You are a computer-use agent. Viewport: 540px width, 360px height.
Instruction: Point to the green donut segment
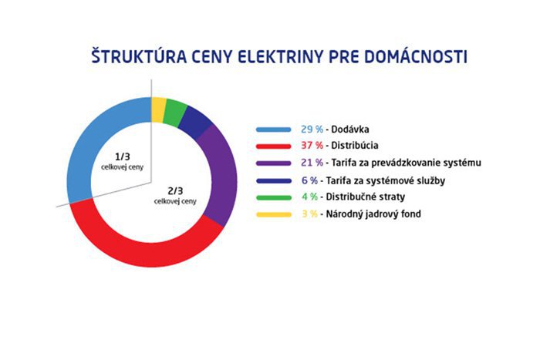pos(174,113)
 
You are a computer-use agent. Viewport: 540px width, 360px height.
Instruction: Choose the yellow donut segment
pos(158,109)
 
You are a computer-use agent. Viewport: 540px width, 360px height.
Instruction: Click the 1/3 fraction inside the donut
pos(122,157)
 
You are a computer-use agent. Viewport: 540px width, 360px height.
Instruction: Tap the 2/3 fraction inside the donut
pos(175,190)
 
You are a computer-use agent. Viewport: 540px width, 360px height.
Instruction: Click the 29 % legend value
pos(312,130)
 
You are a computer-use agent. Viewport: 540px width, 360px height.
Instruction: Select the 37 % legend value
pos(312,146)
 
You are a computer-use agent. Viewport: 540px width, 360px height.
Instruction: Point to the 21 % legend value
pos(312,163)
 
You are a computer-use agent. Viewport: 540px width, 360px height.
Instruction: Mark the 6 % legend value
pos(309,180)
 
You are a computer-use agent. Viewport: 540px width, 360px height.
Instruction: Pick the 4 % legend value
pos(309,197)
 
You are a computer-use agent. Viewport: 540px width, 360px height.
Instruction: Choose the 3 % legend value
pos(309,214)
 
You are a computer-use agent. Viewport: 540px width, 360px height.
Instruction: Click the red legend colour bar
pos(273,146)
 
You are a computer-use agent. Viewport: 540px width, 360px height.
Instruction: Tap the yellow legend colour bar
pos(273,215)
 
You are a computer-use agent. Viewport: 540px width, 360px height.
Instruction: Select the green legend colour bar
pos(273,197)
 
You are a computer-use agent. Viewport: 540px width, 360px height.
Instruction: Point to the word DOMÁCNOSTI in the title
pos(416,56)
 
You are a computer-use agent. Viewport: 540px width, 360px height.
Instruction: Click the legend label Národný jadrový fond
pos(373,214)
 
